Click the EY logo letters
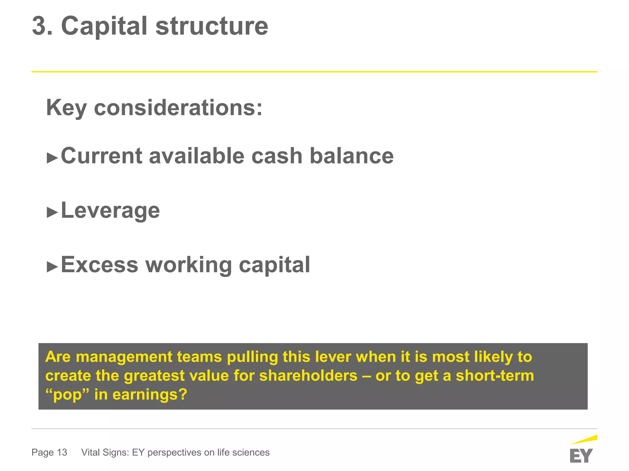click(581, 456)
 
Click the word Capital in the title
click(104, 26)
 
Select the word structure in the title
click(212, 26)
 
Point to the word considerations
click(178, 108)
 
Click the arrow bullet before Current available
click(52, 158)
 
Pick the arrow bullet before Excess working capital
click(52, 266)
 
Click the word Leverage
click(110, 211)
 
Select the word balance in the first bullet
click(351, 156)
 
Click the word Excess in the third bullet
click(100, 265)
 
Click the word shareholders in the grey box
click(308, 376)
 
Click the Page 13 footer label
click(49, 452)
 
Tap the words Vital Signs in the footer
click(105, 452)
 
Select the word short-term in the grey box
click(495, 376)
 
